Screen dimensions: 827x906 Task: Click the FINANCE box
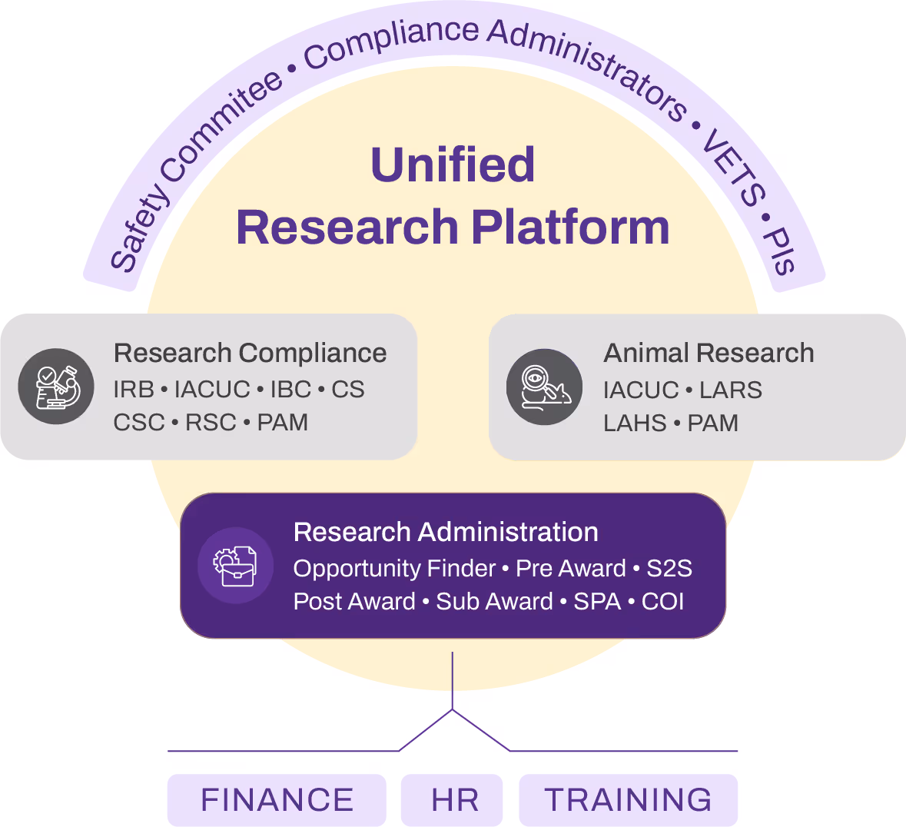coord(277,800)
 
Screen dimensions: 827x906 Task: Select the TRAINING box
coord(628,800)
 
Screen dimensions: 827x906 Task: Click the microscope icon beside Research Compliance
coord(56,387)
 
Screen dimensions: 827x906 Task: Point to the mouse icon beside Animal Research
coord(544,387)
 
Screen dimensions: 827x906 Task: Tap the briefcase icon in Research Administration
coord(235,566)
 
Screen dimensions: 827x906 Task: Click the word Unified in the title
coord(453,164)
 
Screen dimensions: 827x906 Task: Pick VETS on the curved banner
coord(735,168)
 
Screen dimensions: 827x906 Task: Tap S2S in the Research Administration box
coord(669,569)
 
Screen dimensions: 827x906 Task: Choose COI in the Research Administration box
coord(662,601)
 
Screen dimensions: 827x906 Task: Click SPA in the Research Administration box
coord(597,601)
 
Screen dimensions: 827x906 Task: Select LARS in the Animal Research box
coord(730,390)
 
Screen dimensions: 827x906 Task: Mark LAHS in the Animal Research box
coord(635,423)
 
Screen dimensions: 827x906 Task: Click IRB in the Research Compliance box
coord(134,390)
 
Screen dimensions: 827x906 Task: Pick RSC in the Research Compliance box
coord(211,423)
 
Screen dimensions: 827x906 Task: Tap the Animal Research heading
coord(709,353)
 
